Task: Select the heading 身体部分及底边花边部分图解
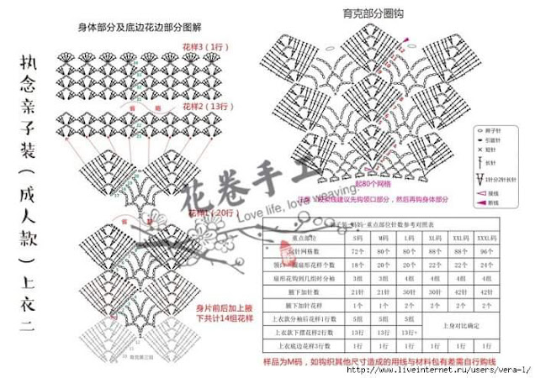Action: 140,27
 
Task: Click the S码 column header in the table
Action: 357,238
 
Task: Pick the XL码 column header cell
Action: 434,238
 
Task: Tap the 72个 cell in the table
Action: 357,250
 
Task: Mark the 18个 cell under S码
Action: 357,264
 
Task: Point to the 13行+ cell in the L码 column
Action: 411,332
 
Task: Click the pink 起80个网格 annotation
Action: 373,182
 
